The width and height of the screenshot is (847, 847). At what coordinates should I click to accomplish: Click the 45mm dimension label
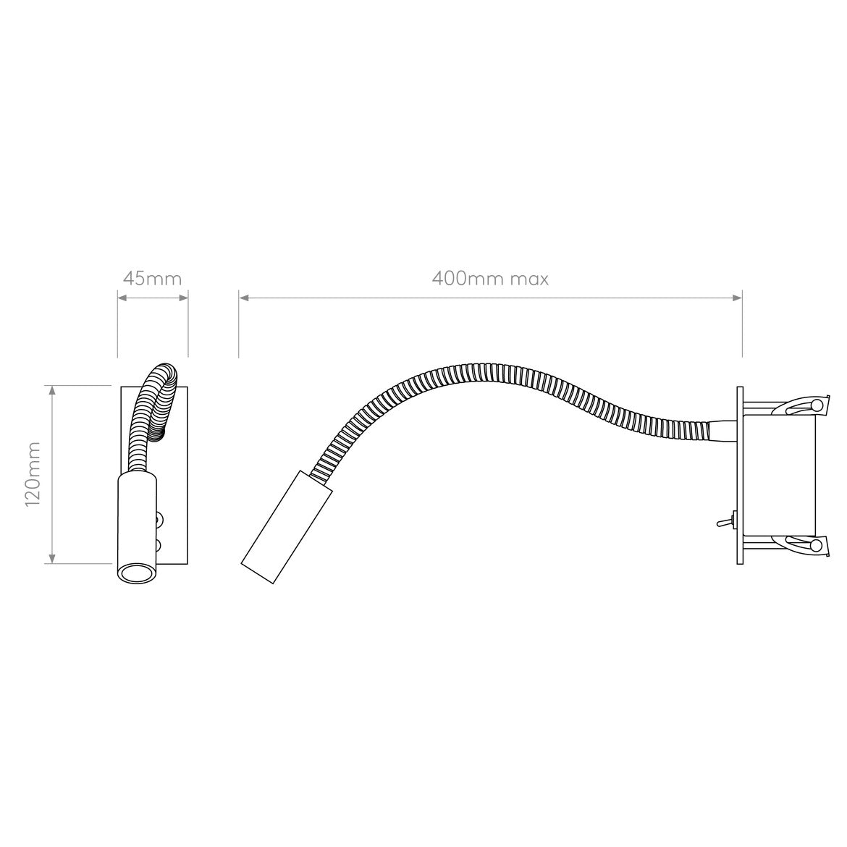coord(152,279)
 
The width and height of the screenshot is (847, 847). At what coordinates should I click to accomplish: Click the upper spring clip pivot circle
coord(817,403)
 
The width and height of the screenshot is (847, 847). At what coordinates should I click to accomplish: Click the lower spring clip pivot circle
coord(817,544)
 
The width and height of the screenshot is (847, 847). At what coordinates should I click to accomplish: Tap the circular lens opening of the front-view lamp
coord(135,573)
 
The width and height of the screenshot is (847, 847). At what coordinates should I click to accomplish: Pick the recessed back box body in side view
coord(778,474)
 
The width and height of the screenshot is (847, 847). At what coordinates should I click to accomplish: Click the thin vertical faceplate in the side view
coord(739,474)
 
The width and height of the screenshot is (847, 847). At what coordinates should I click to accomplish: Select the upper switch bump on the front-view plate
coord(159,518)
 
